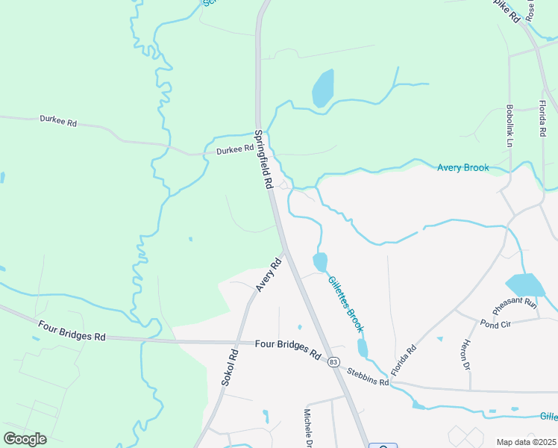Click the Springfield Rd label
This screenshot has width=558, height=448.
pos(262,160)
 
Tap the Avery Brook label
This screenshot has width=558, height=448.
pos(463,168)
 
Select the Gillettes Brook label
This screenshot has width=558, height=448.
pos(345,304)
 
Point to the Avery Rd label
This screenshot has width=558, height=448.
pos(268,275)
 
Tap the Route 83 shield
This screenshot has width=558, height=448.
pos(333,362)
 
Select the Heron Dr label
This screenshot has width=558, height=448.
pos(465,355)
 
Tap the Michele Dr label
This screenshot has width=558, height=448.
pos(308,426)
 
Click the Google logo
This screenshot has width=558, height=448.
pos(25,439)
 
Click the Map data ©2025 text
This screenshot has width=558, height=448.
pos(526,442)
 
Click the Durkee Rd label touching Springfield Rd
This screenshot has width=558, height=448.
pos(235,150)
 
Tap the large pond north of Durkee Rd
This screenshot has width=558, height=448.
pos(322,88)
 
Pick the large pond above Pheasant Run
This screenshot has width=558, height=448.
pos(525,284)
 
